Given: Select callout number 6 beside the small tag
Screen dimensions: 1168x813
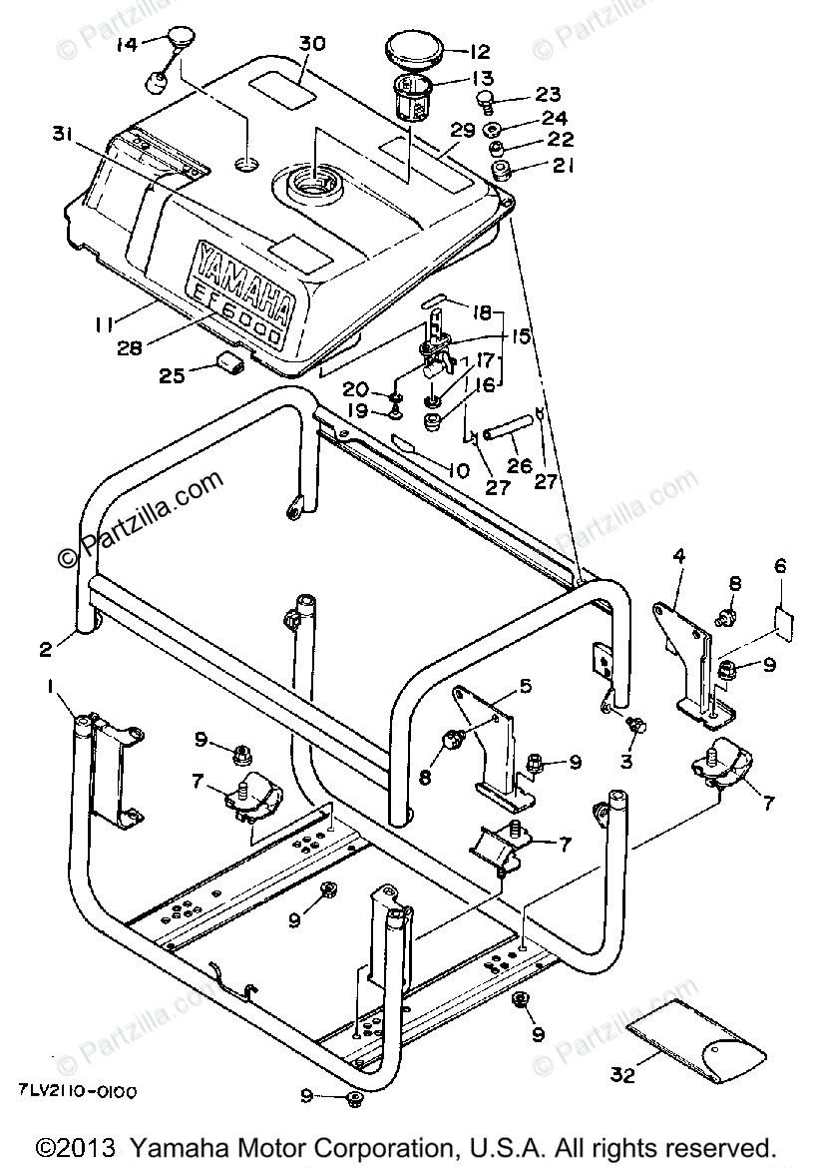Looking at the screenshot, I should click(x=780, y=566).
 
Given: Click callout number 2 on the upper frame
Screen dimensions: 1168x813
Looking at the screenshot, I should click(x=46, y=650).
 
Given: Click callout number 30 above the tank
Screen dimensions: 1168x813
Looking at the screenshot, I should click(x=312, y=44).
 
